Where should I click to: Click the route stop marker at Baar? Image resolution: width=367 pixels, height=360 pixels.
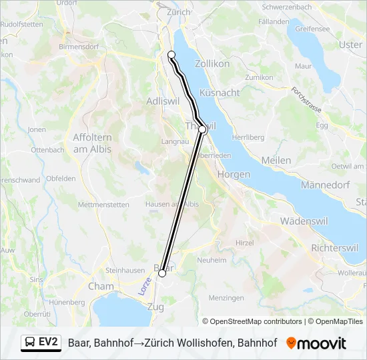162,273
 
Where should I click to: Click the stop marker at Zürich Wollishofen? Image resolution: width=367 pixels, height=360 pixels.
171,55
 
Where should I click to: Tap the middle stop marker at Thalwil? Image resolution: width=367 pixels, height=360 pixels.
203,129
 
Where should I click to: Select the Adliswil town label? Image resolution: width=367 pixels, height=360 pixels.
163,101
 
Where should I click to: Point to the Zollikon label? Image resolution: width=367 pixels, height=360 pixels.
212,63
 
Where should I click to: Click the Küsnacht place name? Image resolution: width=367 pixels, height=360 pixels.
219,93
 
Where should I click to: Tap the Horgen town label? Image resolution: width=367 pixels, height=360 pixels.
234,174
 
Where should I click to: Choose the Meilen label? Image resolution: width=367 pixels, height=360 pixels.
276,160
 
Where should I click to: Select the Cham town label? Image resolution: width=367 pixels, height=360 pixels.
101,286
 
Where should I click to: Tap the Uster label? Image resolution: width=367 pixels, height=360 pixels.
351,45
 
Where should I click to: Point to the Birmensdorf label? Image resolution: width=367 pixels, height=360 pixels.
79,47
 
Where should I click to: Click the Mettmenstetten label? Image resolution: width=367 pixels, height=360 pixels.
103,205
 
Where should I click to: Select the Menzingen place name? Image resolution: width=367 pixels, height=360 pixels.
226,298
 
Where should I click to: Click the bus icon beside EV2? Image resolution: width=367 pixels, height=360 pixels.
30,343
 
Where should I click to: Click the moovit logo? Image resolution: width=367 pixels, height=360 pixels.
316,343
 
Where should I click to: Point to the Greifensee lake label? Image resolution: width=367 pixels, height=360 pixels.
312,29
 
